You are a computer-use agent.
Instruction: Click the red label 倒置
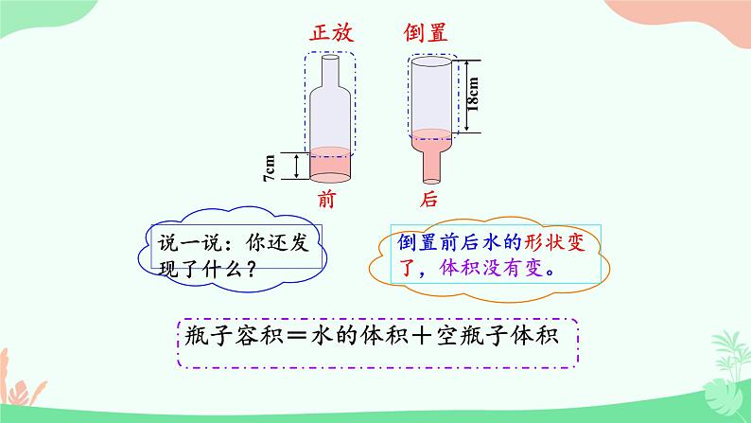coord(426,32)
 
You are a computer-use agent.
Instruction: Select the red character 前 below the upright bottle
coord(327,200)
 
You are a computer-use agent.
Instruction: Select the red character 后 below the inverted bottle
coord(430,200)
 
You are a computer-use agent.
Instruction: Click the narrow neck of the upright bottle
coord(330,71)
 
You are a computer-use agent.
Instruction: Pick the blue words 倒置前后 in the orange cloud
coord(438,242)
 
